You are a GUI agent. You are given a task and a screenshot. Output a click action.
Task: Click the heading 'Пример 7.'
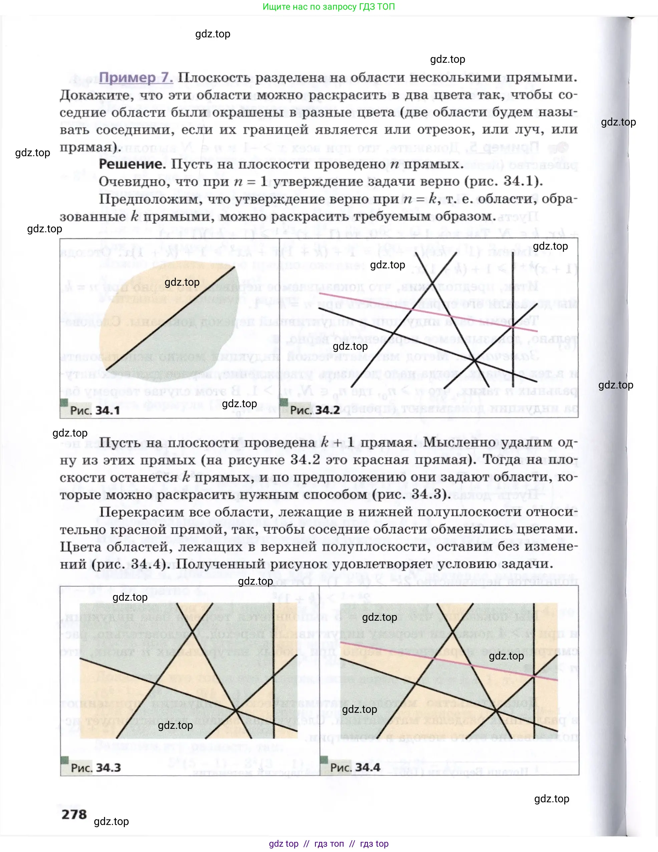point(136,78)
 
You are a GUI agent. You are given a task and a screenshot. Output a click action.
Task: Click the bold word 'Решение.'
point(132,164)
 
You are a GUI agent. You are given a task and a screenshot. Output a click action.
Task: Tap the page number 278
point(74,815)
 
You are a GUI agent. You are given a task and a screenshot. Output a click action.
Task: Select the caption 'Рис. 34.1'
point(95,410)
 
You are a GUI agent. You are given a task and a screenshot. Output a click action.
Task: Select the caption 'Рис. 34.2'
point(315,410)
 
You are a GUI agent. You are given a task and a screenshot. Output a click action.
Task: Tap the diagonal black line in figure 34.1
point(172,318)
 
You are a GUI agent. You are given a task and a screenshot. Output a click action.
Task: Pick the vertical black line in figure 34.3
point(274,671)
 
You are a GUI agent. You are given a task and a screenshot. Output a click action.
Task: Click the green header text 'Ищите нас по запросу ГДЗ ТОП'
point(328,7)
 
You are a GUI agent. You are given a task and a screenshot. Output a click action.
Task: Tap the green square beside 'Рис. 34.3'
point(65,760)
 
